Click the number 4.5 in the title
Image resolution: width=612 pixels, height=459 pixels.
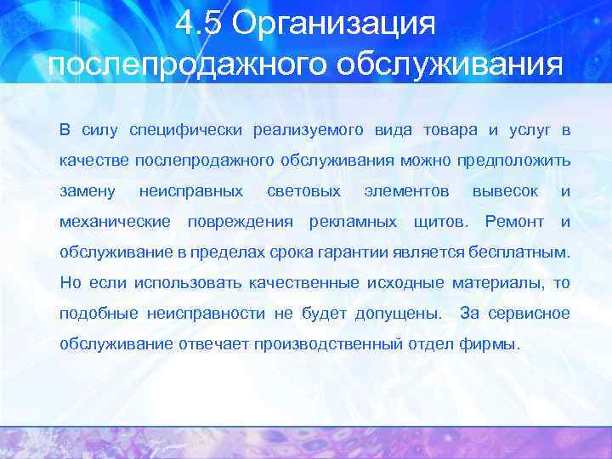(x=200, y=25)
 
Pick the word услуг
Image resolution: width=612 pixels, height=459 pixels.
(x=529, y=130)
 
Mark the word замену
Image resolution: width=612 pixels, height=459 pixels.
(x=87, y=191)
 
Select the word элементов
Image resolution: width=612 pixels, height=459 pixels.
(x=406, y=191)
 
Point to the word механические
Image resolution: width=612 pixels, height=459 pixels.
(x=115, y=222)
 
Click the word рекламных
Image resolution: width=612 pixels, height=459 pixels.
(x=353, y=222)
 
